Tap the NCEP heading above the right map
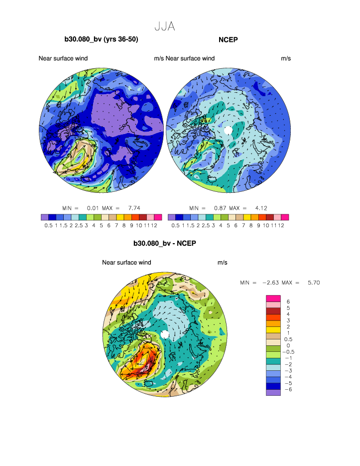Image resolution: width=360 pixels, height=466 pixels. pos(228,39)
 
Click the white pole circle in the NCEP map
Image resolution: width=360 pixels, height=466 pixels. pos(228,130)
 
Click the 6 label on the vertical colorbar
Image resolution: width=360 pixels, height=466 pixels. pos(288,302)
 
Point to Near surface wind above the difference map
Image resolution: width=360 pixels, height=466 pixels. pos(126,262)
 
